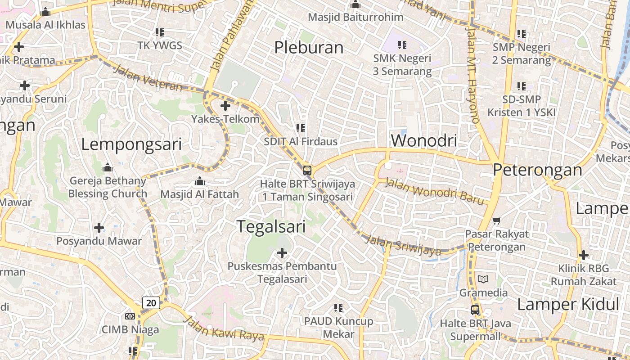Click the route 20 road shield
tap(151, 303)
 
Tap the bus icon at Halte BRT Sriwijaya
tap(307, 171)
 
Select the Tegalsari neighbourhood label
tap(271, 226)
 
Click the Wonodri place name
tap(424, 140)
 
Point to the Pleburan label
tap(309, 47)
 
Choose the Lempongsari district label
tap(131, 144)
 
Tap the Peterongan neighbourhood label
tap(537, 170)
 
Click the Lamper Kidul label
tap(565, 304)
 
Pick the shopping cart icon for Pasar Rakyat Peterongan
tap(497, 220)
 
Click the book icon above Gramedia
tap(483, 279)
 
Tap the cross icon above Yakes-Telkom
tap(225, 106)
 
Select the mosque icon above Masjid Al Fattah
tap(199, 181)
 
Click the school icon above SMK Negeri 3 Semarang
tap(402, 45)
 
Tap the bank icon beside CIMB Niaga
tap(130, 316)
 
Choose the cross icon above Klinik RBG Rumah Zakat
tap(584, 255)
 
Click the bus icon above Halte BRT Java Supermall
tap(475, 310)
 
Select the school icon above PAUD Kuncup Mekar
tap(338, 308)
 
